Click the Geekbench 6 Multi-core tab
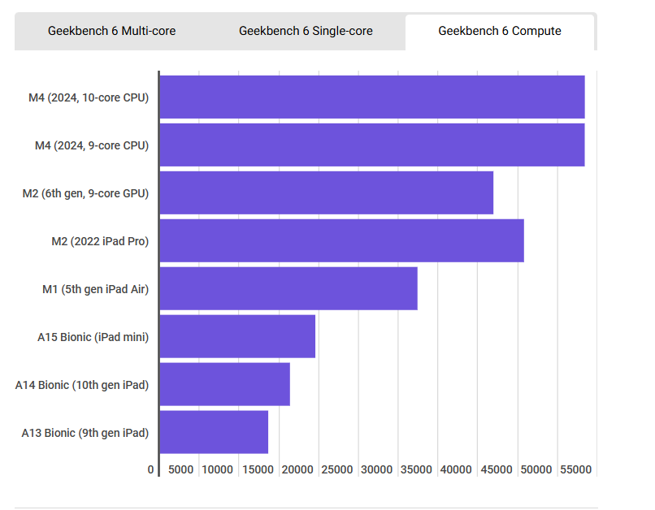pyautogui.click(x=111, y=32)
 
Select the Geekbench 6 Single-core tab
pyautogui.click(x=306, y=32)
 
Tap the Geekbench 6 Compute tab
pyautogui.click(x=500, y=32)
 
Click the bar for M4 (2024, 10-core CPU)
pyautogui.click(x=372, y=97)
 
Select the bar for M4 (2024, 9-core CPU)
pyautogui.click(x=372, y=145)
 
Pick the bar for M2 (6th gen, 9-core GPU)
pyautogui.click(x=327, y=193)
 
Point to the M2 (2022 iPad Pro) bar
pyautogui.click(x=341, y=241)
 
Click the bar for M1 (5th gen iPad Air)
pyautogui.click(x=288, y=289)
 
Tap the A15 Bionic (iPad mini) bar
pyautogui.click(x=237, y=337)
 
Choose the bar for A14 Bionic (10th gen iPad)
pyautogui.click(x=225, y=385)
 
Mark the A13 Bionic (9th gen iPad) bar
pyautogui.click(x=214, y=433)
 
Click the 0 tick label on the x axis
pyautogui.click(x=151, y=470)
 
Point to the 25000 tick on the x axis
pyautogui.click(x=336, y=470)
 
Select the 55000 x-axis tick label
pyautogui.click(x=575, y=470)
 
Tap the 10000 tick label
pyautogui.click(x=217, y=470)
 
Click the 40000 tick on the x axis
pyautogui.click(x=456, y=470)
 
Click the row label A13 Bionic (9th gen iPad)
pyautogui.click(x=85, y=433)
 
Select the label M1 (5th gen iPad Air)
pyautogui.click(x=95, y=289)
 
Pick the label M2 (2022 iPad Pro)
pyautogui.click(x=100, y=241)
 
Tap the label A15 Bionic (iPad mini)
pyautogui.click(x=93, y=337)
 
